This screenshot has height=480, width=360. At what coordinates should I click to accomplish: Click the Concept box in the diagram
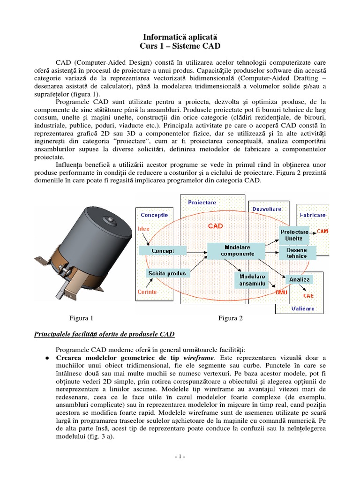coord(163,251)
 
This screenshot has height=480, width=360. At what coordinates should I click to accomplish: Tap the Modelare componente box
coord(237,250)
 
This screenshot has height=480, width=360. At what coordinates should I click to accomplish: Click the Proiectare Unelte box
coord(294,235)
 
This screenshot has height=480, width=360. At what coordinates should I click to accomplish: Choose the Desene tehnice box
coord(297,253)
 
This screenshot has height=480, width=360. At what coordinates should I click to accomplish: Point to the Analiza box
coord(300,280)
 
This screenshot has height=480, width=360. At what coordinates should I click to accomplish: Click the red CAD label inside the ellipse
coord(215,226)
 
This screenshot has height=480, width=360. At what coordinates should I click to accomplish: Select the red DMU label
coord(282,292)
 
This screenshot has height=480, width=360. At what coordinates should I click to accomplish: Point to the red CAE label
coord(308,296)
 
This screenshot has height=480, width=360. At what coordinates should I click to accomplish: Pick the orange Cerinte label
coord(147,292)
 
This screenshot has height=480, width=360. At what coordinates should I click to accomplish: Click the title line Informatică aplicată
coord(180,36)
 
